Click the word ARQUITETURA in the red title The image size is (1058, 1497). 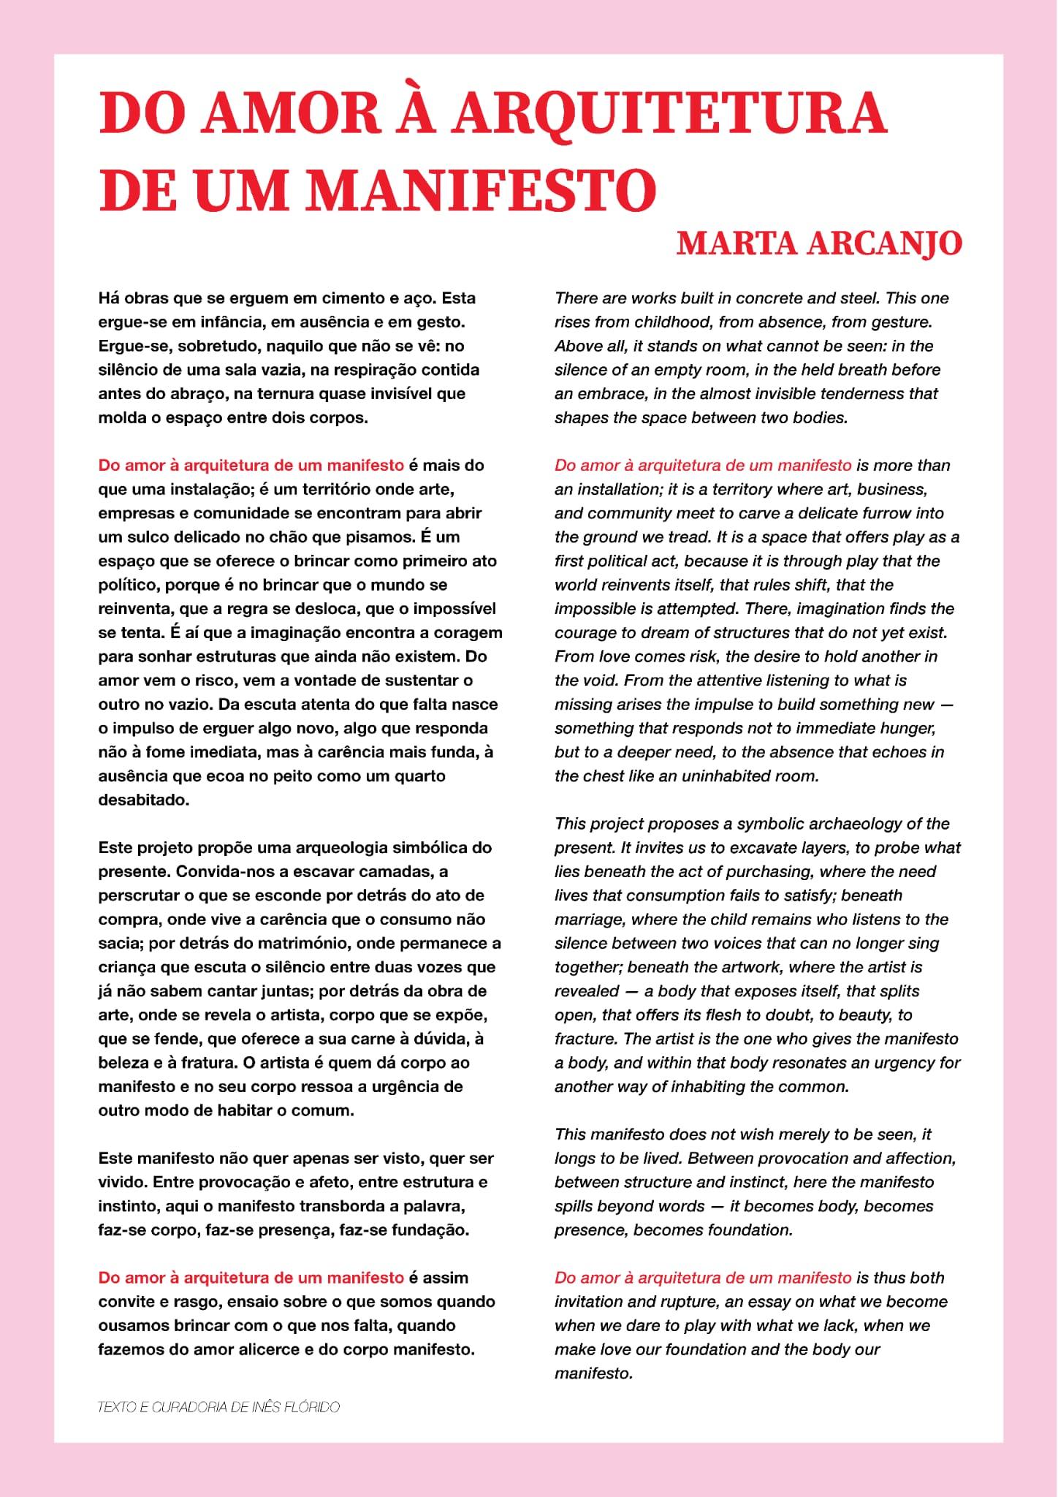(x=669, y=113)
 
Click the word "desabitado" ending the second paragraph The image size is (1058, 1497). (x=143, y=800)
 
